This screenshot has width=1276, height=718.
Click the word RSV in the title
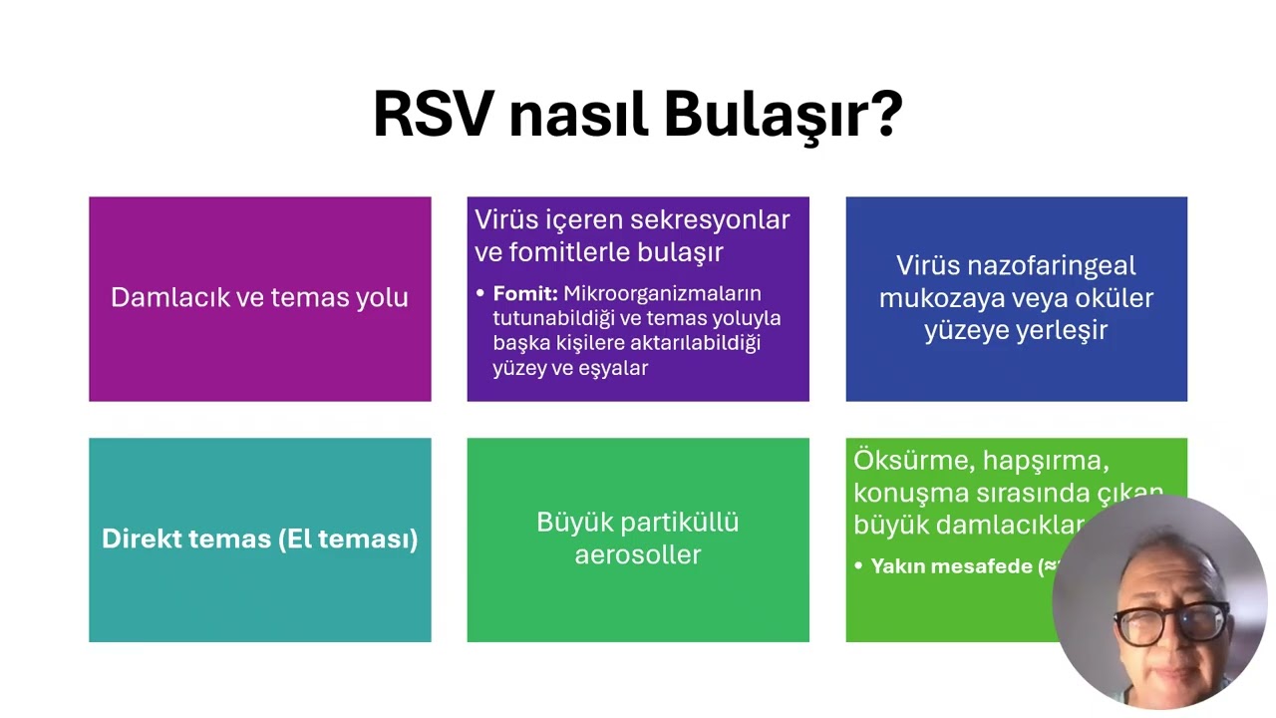[433, 115]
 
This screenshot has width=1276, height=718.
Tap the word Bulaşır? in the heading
[784, 115]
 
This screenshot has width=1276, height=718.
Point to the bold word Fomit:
[525, 294]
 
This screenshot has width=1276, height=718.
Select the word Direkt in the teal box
[141, 539]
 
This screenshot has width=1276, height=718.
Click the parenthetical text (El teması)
[348, 539]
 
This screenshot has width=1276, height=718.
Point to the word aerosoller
[638, 554]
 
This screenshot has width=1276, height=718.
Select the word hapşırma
[1046, 461]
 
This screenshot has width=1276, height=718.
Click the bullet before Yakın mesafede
[858, 566]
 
